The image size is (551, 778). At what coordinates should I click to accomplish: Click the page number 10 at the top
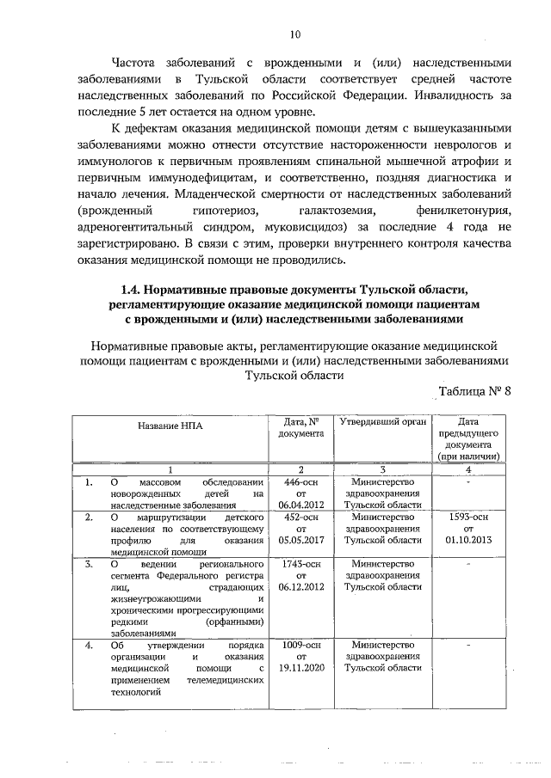tap(295, 34)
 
